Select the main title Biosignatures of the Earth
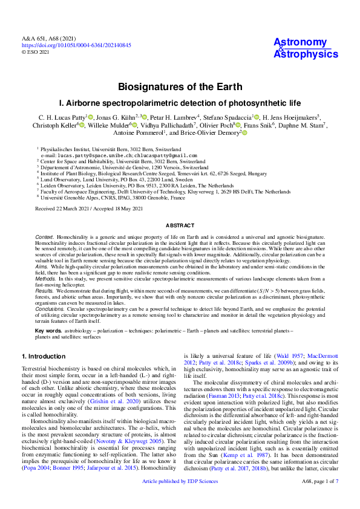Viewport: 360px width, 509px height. tap(180, 87)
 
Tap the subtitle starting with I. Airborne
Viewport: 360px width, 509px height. tap(180, 103)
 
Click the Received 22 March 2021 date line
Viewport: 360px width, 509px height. tap(89, 209)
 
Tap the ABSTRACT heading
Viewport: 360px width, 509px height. tap(180, 224)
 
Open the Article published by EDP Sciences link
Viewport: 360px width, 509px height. tap(180, 498)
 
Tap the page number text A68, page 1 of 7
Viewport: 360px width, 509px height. tap(319, 498)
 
